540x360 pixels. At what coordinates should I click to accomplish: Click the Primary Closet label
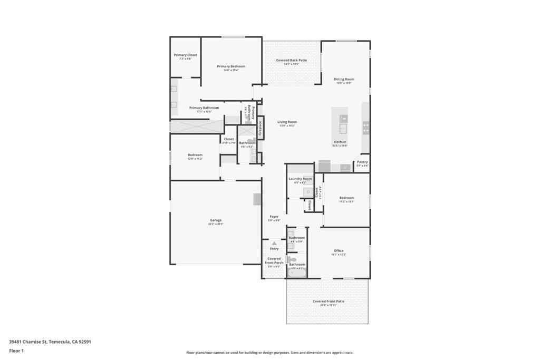click(x=186, y=55)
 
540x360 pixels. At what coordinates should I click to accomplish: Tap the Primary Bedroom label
click(x=231, y=66)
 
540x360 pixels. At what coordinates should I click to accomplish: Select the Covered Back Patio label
click(x=292, y=61)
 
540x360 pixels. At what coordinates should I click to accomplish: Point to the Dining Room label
click(x=344, y=80)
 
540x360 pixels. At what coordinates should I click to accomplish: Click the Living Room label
click(x=287, y=122)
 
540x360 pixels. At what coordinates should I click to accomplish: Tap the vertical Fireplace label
click(x=259, y=130)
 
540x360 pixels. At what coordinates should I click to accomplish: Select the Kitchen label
click(x=340, y=142)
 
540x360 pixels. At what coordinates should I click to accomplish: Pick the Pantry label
click(x=362, y=162)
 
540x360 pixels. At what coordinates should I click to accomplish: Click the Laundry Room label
click(x=300, y=179)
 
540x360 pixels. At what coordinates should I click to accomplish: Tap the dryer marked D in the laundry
click(x=308, y=192)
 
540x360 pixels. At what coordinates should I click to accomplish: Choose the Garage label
click(x=216, y=220)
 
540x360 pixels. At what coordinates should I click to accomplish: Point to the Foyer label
click(x=274, y=217)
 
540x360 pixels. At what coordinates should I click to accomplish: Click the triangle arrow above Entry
click(x=274, y=243)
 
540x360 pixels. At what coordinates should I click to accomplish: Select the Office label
click(x=339, y=251)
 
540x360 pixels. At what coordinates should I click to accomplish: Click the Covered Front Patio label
click(x=328, y=301)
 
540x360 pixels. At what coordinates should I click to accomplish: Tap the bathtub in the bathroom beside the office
click(x=296, y=274)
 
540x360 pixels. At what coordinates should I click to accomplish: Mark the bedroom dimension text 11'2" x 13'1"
click(x=346, y=201)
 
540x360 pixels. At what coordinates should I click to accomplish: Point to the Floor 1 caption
click(x=16, y=350)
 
